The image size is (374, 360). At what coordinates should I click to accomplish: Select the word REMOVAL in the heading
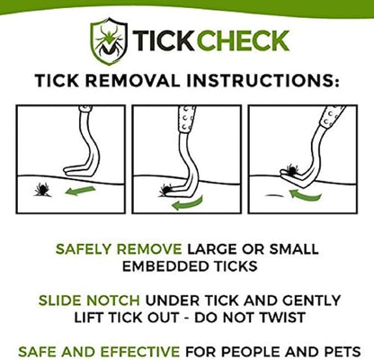coord(143,81)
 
